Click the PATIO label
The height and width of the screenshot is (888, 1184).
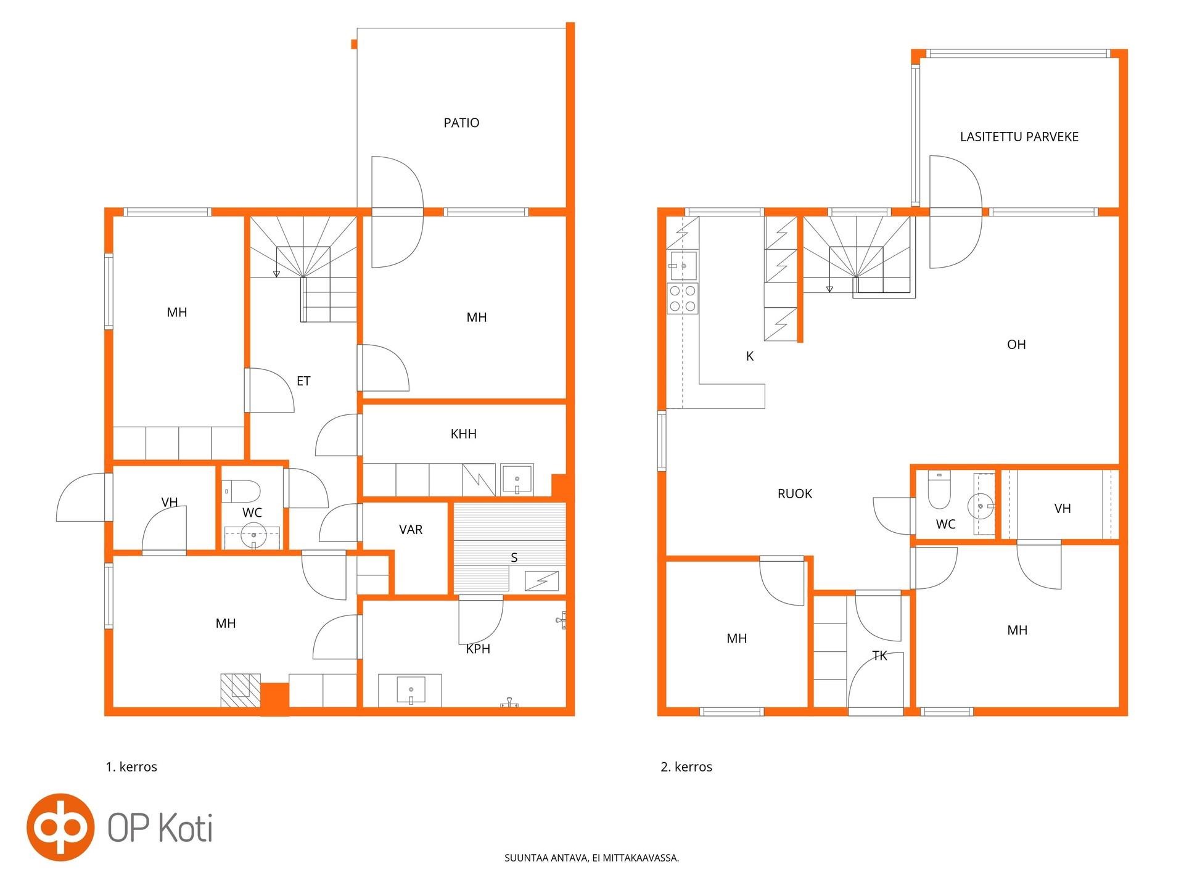(461, 123)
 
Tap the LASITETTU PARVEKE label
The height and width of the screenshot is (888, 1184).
(1019, 137)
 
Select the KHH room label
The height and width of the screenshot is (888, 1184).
(463, 434)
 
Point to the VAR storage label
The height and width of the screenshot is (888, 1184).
(411, 530)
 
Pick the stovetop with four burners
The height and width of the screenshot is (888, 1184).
(683, 298)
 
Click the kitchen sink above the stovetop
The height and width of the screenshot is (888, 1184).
(683, 266)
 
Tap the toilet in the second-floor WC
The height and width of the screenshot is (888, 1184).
(939, 489)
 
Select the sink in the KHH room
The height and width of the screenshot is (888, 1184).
(517, 479)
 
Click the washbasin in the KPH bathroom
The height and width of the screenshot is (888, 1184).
(410, 690)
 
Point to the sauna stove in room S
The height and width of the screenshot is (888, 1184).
(541, 581)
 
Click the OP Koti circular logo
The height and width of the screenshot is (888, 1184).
(60, 827)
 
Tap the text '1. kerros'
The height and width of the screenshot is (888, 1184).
(131, 767)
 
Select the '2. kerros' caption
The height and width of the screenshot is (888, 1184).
(686, 767)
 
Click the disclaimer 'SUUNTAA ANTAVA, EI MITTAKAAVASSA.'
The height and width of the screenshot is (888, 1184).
(591, 858)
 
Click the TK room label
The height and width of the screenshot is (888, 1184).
(879, 656)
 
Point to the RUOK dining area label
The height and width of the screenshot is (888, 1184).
(795, 494)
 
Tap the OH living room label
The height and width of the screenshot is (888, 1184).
(1016, 345)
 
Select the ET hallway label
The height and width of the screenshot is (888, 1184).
(303, 381)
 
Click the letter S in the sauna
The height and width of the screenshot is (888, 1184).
(514, 557)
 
